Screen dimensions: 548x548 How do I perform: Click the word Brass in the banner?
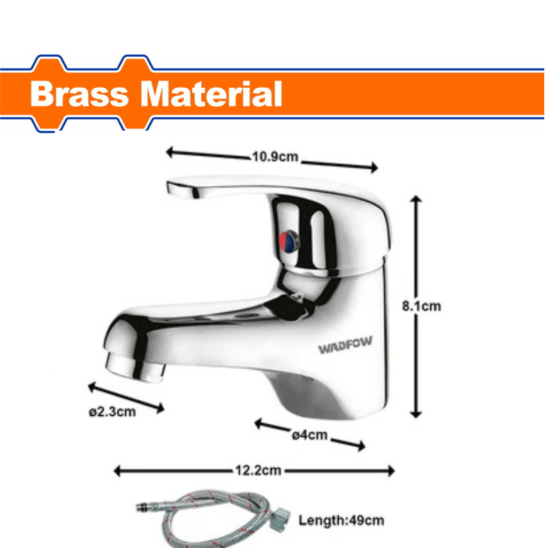tap(79, 95)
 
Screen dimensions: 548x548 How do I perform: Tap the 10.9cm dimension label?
tap(274, 157)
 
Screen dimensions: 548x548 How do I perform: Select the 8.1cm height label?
tap(421, 306)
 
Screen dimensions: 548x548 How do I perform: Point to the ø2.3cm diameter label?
tap(112, 412)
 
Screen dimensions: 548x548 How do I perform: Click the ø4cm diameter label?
tap(309, 435)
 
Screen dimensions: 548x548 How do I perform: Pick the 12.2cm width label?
tap(257, 470)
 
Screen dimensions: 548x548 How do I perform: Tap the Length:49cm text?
tap(341, 520)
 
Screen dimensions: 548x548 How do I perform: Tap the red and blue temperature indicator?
tap(289, 241)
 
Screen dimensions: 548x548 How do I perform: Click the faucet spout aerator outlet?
tap(134, 368)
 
